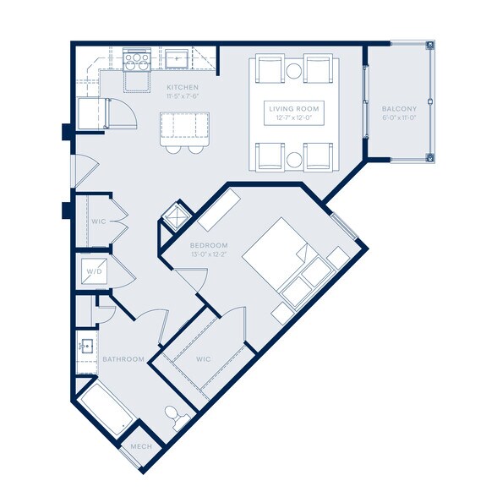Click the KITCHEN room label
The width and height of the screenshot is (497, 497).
coord(183,87)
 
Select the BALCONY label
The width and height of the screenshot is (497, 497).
coord(398,109)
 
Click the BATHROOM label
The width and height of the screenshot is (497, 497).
coord(122,359)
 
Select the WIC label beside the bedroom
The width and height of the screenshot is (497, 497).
coord(203,359)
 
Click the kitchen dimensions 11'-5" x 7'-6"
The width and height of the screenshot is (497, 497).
coord(183,96)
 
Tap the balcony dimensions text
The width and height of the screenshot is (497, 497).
coord(398,117)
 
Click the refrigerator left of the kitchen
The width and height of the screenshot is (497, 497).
coord(90,113)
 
